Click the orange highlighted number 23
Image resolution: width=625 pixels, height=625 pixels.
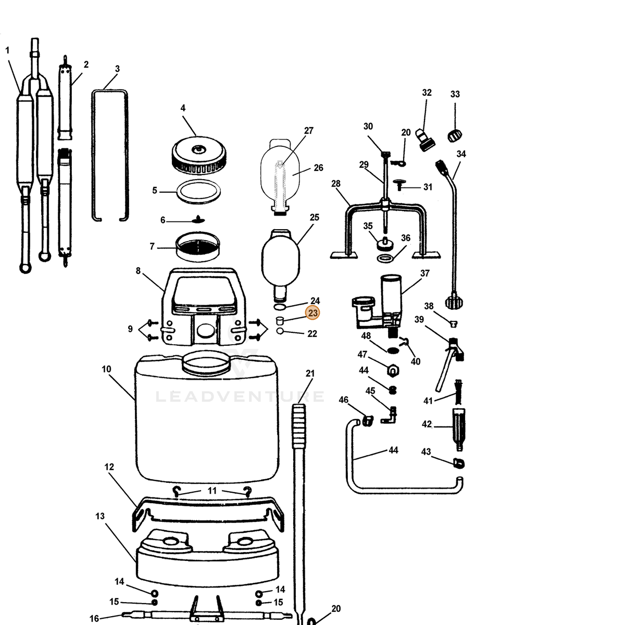tap(312, 313)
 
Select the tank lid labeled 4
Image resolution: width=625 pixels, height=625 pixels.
tap(199, 155)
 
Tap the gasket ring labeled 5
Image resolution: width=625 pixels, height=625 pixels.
tap(198, 192)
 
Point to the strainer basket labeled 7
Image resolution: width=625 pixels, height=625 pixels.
tap(197, 246)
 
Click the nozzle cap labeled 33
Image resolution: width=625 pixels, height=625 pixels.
tap(455, 135)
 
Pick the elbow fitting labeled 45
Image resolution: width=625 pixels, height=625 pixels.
tap(390, 415)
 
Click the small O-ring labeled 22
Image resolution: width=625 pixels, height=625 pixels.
tap(280, 331)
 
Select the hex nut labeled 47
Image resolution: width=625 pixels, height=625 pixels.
tap(393, 370)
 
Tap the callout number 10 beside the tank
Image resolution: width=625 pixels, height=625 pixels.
tap(106, 369)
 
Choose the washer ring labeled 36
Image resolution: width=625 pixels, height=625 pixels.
tap(385, 258)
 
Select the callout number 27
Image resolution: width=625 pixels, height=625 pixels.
tap(308, 130)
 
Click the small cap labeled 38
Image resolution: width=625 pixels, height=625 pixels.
tap(454, 323)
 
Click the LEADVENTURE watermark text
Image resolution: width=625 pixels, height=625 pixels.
tap(240, 397)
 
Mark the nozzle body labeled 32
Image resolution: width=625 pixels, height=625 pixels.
tap(425, 140)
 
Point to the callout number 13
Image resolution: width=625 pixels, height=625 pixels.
tap(100, 516)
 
